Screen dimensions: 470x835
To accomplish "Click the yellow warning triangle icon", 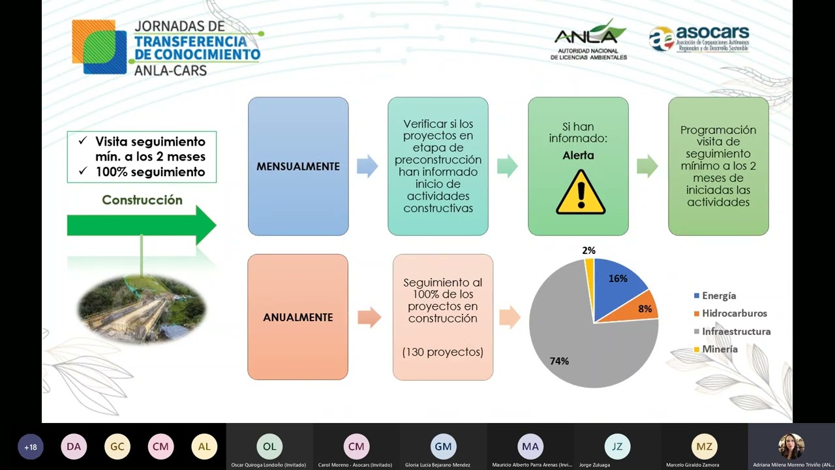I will click(580, 193).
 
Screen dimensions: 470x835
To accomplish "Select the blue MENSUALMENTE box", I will click(298, 166).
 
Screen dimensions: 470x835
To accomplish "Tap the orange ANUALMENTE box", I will click(297, 317).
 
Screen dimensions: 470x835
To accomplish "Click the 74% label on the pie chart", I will click(559, 361).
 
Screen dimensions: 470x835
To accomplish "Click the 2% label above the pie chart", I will click(588, 251).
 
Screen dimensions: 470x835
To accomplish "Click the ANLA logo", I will click(588, 40).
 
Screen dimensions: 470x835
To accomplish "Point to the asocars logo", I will click(699, 39).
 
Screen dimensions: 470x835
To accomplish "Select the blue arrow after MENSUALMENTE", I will click(367, 166).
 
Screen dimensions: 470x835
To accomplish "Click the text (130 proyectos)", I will click(443, 352).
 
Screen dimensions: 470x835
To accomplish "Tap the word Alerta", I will click(578, 155).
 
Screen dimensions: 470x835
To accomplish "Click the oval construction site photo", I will click(142, 309).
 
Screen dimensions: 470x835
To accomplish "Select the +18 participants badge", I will click(31, 447).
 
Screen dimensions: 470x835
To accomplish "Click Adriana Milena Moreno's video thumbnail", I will click(791, 446).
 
